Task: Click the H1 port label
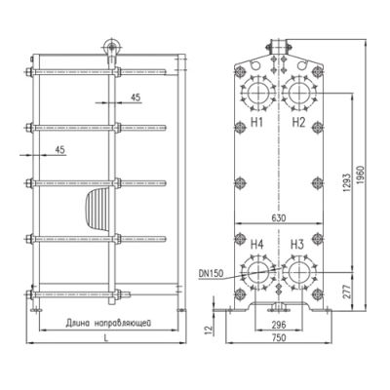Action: click(257, 123)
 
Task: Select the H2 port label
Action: click(298, 123)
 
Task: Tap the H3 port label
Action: click(297, 244)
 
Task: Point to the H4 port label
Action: click(257, 244)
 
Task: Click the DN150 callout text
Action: click(212, 274)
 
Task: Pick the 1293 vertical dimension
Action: click(347, 182)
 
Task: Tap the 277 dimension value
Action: click(347, 292)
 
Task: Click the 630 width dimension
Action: click(279, 217)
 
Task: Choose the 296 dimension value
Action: click(279, 325)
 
